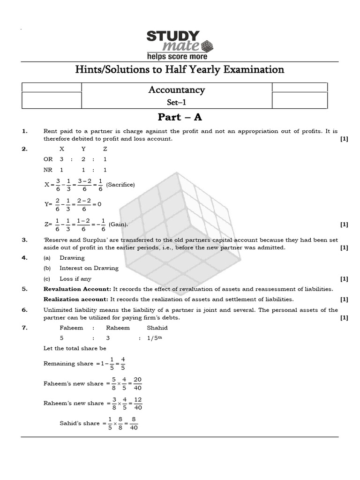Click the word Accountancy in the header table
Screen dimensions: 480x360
tap(177, 90)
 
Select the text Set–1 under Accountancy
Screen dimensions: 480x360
tap(176, 103)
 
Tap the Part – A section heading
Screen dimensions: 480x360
tap(180, 117)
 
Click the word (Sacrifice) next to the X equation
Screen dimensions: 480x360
tap(120, 185)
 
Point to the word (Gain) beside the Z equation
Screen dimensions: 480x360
tap(118, 225)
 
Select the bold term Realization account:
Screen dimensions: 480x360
tap(76, 299)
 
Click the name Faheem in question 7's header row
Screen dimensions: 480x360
tap(71, 328)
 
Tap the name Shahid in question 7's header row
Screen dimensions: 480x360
tap(157, 328)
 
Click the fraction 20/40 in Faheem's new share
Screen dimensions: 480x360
tap(137, 383)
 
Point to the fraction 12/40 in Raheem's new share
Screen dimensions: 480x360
tap(137, 403)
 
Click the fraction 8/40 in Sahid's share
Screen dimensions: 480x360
tap(134, 423)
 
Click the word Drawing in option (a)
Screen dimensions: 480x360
tap(72, 258)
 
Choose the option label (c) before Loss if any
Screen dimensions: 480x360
tap(47, 279)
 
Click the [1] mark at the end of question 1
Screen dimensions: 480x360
tap(344, 139)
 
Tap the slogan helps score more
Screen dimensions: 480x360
tap(177, 56)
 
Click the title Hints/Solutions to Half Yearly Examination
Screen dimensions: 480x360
tap(180, 70)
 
